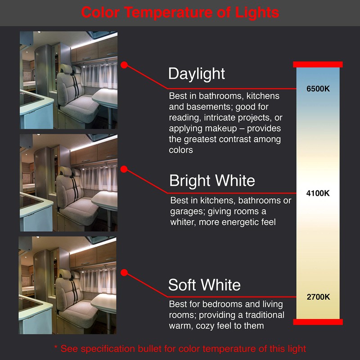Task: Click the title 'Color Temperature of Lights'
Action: click(x=180, y=12)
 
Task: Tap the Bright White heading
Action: click(x=212, y=180)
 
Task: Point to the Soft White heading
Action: click(x=204, y=285)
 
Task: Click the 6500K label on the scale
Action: click(x=318, y=89)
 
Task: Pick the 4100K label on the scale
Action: click(x=318, y=193)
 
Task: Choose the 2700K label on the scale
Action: click(x=318, y=297)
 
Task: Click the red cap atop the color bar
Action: click(x=318, y=64)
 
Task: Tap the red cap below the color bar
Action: click(x=318, y=322)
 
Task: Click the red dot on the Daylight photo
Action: click(x=125, y=65)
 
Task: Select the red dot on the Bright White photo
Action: click(x=125, y=169)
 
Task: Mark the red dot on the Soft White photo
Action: click(x=125, y=272)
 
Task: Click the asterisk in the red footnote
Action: click(x=56, y=349)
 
